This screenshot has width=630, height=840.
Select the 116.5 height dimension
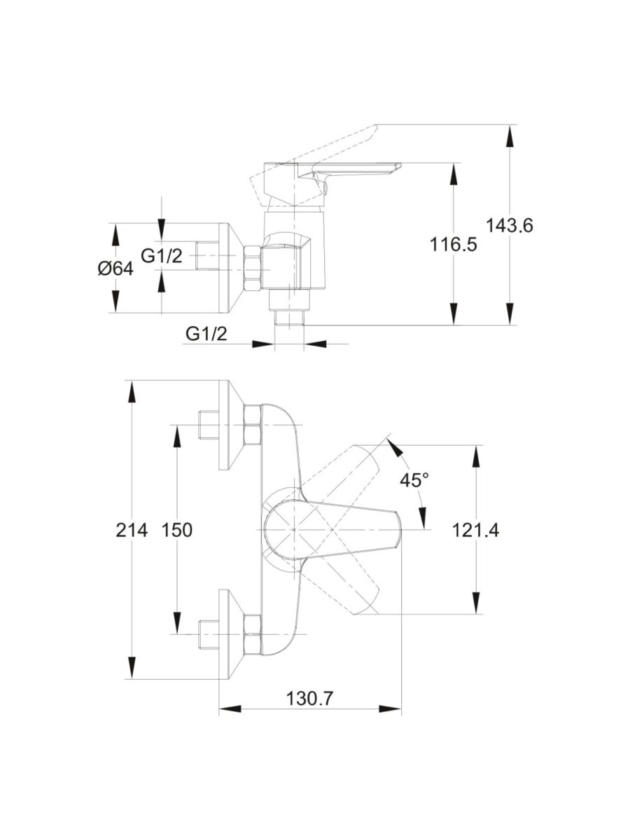coord(454,244)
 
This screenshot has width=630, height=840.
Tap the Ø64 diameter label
coord(115,269)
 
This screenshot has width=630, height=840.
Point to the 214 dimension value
coord(132,531)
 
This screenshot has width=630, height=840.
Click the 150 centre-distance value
coord(176,531)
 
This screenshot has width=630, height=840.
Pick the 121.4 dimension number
coord(475,531)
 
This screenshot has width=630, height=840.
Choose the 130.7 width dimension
coord(310,699)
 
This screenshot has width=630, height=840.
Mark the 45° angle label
coord(414,479)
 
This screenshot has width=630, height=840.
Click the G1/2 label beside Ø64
coord(162,255)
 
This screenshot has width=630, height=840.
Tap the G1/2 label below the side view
coord(206,334)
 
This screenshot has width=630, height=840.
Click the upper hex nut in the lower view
coord(252,425)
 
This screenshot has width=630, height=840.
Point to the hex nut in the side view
coord(252,269)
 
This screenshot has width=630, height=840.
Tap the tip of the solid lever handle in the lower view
coord(401,530)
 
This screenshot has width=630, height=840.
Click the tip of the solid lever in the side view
coord(401,164)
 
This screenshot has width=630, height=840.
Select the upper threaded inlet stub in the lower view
coord(209,425)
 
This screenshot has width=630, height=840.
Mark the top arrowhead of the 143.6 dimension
coord(509,136)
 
